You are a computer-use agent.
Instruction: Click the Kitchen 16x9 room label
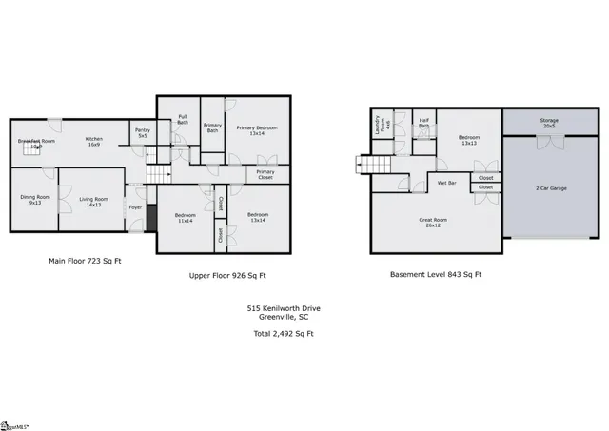pos(94,141)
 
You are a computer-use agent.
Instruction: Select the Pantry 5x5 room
pos(143,133)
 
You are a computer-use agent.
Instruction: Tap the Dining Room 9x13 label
pos(34,200)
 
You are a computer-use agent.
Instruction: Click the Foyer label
pos(136,206)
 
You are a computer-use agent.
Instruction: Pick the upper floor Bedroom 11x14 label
pos(185,217)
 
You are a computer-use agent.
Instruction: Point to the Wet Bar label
pos(446,181)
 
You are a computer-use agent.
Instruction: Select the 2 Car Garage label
pos(551,188)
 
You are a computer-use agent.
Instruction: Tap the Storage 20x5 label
pos(549,123)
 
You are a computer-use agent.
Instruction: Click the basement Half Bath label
pos(424,123)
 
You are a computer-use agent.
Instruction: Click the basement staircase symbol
pos(375,167)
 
